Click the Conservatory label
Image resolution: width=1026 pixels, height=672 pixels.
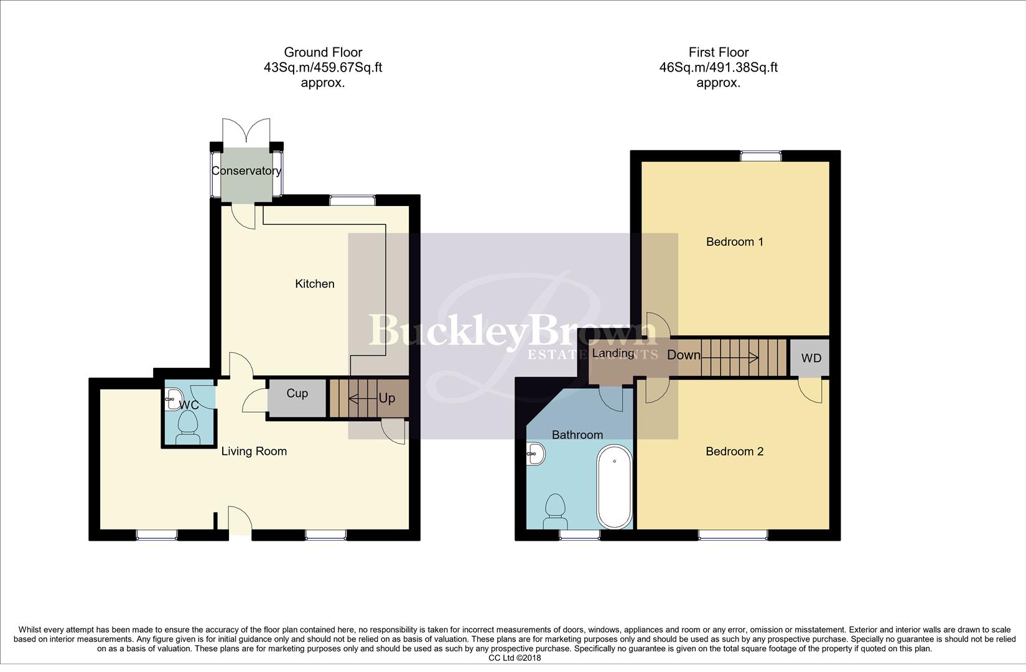coord(246,170)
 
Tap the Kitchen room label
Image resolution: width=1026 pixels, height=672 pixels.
coord(314,284)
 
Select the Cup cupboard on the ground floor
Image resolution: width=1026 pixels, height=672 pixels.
coord(297,397)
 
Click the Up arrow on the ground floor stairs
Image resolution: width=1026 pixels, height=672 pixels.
coord(362,398)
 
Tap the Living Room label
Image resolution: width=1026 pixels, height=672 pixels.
coord(254,451)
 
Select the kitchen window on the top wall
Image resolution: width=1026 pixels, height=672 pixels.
coord(352,200)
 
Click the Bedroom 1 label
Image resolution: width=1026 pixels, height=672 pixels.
coord(734,241)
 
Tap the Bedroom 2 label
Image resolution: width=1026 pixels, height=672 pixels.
coord(734,451)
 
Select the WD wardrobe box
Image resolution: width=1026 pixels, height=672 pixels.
coord(811,358)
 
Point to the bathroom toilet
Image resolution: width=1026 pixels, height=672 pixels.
coord(554,506)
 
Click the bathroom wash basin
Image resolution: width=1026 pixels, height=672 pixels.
coord(536,454)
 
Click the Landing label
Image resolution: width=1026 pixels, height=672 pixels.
coord(613,353)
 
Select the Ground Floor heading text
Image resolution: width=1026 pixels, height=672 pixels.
coord(323,52)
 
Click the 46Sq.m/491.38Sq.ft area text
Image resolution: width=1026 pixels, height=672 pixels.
coord(718,67)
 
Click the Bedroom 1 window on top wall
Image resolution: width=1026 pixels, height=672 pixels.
coord(760,156)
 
